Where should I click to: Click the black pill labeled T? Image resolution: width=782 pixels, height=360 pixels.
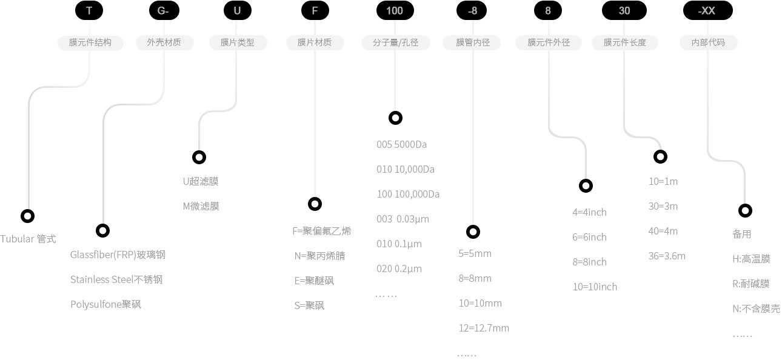coord(90,10)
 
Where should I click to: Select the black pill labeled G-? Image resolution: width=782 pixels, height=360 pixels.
coord(164,10)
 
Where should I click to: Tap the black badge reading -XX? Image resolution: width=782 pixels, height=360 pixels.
coord(707,10)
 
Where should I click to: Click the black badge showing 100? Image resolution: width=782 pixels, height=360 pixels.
coord(395,10)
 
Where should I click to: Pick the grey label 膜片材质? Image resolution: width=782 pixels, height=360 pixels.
coord(315,42)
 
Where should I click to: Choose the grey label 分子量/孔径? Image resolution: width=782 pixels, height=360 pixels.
coord(395,42)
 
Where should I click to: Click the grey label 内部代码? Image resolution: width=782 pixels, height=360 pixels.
coord(708,42)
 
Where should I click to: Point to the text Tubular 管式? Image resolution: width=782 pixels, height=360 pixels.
coord(28,239)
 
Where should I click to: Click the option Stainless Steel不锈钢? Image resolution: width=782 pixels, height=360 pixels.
coord(116,279)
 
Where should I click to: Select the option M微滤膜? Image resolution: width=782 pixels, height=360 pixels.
coord(201,206)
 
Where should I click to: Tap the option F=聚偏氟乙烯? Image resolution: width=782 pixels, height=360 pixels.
coord(321,231)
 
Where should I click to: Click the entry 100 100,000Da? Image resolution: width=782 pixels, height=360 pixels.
coord(407,194)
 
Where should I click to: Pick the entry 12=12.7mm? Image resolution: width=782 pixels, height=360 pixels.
coord(484,328)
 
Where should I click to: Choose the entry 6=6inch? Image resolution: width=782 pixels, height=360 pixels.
coord(589,237)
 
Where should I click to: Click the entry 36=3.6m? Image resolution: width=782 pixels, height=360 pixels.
coord(667,256)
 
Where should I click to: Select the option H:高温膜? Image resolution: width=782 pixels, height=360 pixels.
coord(751,259)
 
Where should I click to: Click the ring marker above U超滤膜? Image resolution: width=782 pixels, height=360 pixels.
coord(199,158)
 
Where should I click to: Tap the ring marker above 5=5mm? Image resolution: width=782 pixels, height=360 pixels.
coord(473,232)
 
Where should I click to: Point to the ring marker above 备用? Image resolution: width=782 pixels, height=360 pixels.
coord(745,210)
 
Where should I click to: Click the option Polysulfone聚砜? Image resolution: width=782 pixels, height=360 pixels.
coord(105,304)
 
